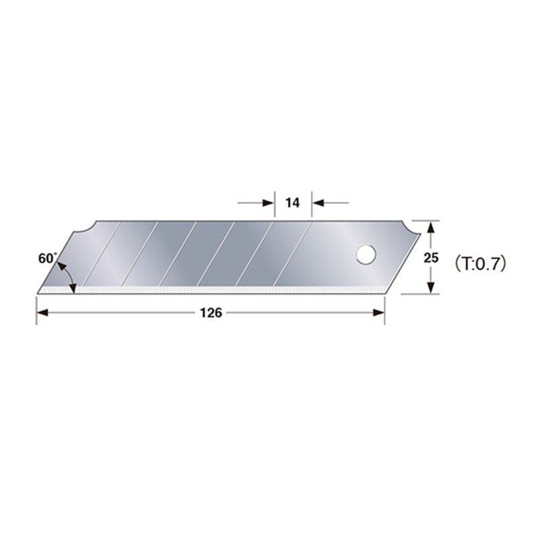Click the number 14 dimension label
tap(293, 202)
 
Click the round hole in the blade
tap(365, 254)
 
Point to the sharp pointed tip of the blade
tap(38, 292)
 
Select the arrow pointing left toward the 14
tap(320, 202)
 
